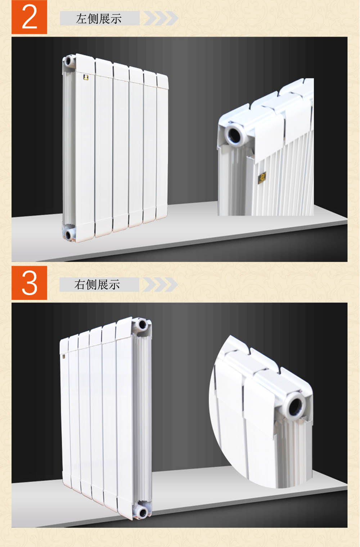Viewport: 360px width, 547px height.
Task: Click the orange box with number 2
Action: click(x=29, y=17)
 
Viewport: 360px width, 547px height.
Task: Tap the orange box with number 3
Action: click(x=29, y=283)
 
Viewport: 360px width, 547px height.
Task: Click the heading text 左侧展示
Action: click(x=99, y=19)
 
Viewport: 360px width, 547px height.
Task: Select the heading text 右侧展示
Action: click(x=97, y=285)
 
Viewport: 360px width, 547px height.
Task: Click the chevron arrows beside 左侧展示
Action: click(x=161, y=18)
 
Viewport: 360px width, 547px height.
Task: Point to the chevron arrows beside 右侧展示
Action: click(x=160, y=285)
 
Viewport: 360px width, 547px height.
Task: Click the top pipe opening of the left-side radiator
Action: click(x=68, y=60)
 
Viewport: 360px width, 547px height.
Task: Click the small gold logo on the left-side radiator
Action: click(x=86, y=77)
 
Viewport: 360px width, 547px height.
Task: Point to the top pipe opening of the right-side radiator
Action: click(x=142, y=325)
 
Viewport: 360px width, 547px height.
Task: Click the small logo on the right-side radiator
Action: click(x=64, y=357)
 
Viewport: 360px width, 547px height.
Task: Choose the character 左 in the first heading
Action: click(x=82, y=19)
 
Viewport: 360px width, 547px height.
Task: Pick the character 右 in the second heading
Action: click(x=80, y=285)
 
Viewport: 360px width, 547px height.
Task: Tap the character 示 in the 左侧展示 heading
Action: click(x=116, y=19)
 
